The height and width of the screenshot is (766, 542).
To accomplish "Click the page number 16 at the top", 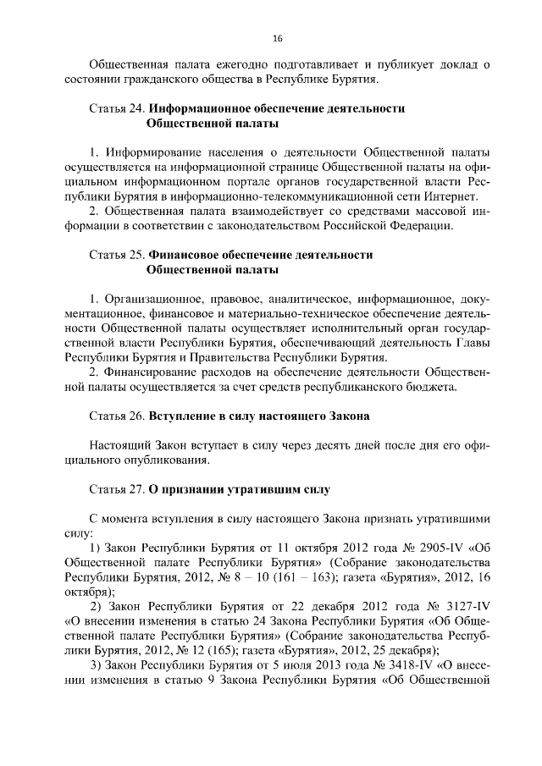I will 277,38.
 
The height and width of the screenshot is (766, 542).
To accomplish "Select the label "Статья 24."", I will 117,109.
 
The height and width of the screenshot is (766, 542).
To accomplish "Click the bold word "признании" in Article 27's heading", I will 197,489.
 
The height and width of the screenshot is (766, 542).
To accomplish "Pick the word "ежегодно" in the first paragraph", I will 227,65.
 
